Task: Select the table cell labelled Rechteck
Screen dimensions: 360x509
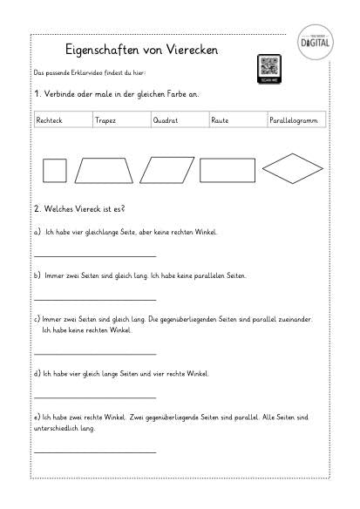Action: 62,120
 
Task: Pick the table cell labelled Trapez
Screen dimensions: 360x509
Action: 120,120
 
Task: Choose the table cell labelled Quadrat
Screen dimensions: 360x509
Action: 179,120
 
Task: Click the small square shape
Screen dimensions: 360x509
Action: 55,170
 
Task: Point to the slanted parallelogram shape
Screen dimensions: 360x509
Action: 167,169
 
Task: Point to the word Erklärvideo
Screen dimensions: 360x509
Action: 79,76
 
